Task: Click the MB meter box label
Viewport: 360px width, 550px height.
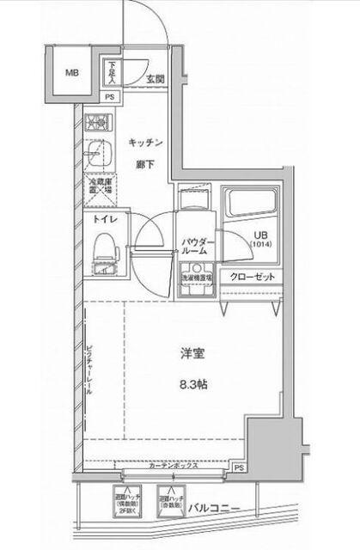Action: coord(72,73)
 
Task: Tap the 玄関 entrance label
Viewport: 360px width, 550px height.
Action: coord(156,80)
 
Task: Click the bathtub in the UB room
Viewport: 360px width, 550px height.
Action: coord(249,206)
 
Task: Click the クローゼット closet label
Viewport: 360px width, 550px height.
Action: coord(253,278)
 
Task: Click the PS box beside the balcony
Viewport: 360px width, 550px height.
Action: coord(238,468)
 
